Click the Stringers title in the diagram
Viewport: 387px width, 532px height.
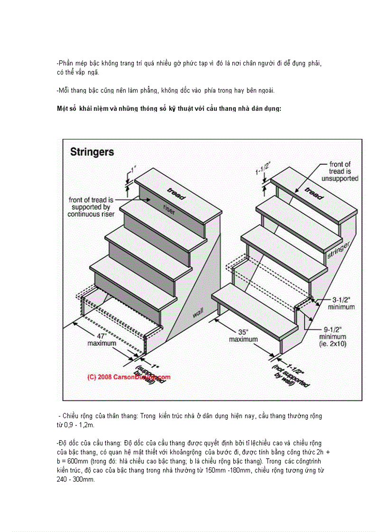click(x=92, y=152)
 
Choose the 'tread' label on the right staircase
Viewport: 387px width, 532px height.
click(x=313, y=193)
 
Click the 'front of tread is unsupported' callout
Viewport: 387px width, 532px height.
click(x=340, y=171)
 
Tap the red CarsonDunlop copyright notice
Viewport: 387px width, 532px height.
click(x=129, y=378)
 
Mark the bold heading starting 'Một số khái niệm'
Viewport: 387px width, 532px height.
click(x=169, y=108)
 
